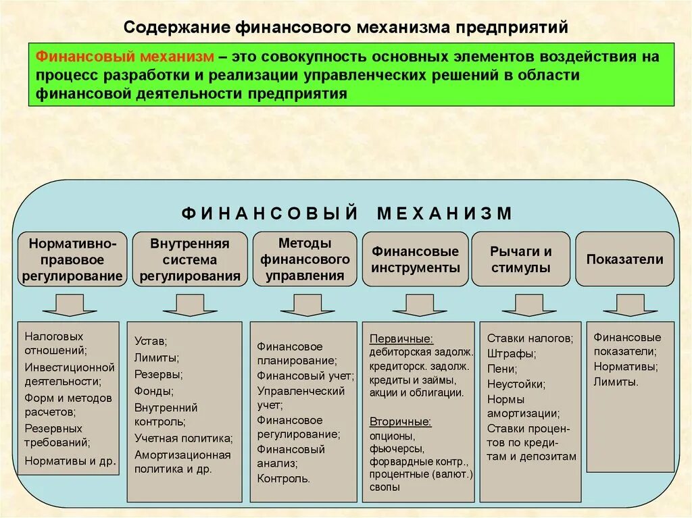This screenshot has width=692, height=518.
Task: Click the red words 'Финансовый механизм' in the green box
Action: click(x=125, y=57)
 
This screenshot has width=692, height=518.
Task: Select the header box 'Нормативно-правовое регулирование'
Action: click(x=72, y=259)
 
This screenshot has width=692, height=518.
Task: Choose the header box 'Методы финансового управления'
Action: click(x=305, y=259)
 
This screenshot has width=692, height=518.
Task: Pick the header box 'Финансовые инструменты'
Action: click(x=415, y=259)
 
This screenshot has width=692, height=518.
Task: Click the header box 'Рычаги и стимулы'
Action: click(x=521, y=259)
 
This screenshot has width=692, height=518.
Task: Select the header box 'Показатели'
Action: click(x=624, y=259)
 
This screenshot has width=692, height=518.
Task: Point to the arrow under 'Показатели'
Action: click(x=629, y=305)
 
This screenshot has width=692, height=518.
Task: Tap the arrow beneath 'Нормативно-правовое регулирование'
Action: click(x=69, y=305)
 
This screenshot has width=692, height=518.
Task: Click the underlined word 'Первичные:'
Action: click(x=401, y=339)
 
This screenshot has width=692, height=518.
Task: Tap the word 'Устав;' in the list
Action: click(x=150, y=341)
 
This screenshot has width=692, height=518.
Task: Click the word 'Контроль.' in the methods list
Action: click(x=283, y=479)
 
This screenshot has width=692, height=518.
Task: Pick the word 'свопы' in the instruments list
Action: click(x=385, y=486)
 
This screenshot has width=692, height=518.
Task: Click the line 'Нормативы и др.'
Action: click(x=70, y=461)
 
